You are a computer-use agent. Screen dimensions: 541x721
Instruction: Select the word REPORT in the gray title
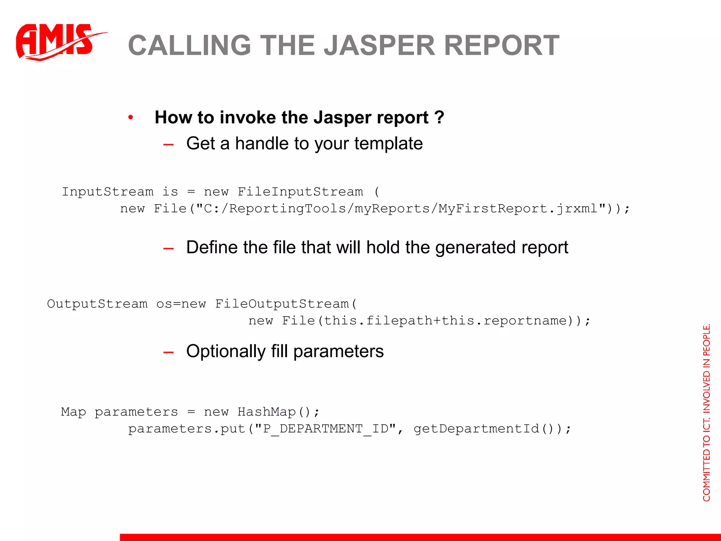coord(502,45)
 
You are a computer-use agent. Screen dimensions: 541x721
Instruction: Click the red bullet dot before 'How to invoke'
coord(131,117)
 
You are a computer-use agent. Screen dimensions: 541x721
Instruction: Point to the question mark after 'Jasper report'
coord(439,117)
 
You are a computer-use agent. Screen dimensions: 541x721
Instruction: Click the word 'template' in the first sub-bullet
coord(389,143)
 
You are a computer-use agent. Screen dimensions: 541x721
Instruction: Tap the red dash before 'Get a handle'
coord(169,144)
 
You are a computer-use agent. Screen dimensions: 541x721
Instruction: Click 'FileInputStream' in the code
coord(300,192)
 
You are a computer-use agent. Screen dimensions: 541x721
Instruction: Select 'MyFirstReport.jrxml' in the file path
coord(518,209)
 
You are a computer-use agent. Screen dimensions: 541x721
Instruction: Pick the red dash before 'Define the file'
coord(169,248)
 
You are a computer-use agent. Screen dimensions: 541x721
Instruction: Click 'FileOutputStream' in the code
coord(282,304)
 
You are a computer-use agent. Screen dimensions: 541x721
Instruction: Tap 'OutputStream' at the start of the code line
coord(97,304)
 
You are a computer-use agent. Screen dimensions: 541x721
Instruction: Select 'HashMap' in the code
coord(267,412)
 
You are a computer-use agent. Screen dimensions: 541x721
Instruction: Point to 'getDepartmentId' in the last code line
coord(476,429)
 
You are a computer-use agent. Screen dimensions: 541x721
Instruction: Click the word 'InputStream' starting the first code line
coord(108,192)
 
